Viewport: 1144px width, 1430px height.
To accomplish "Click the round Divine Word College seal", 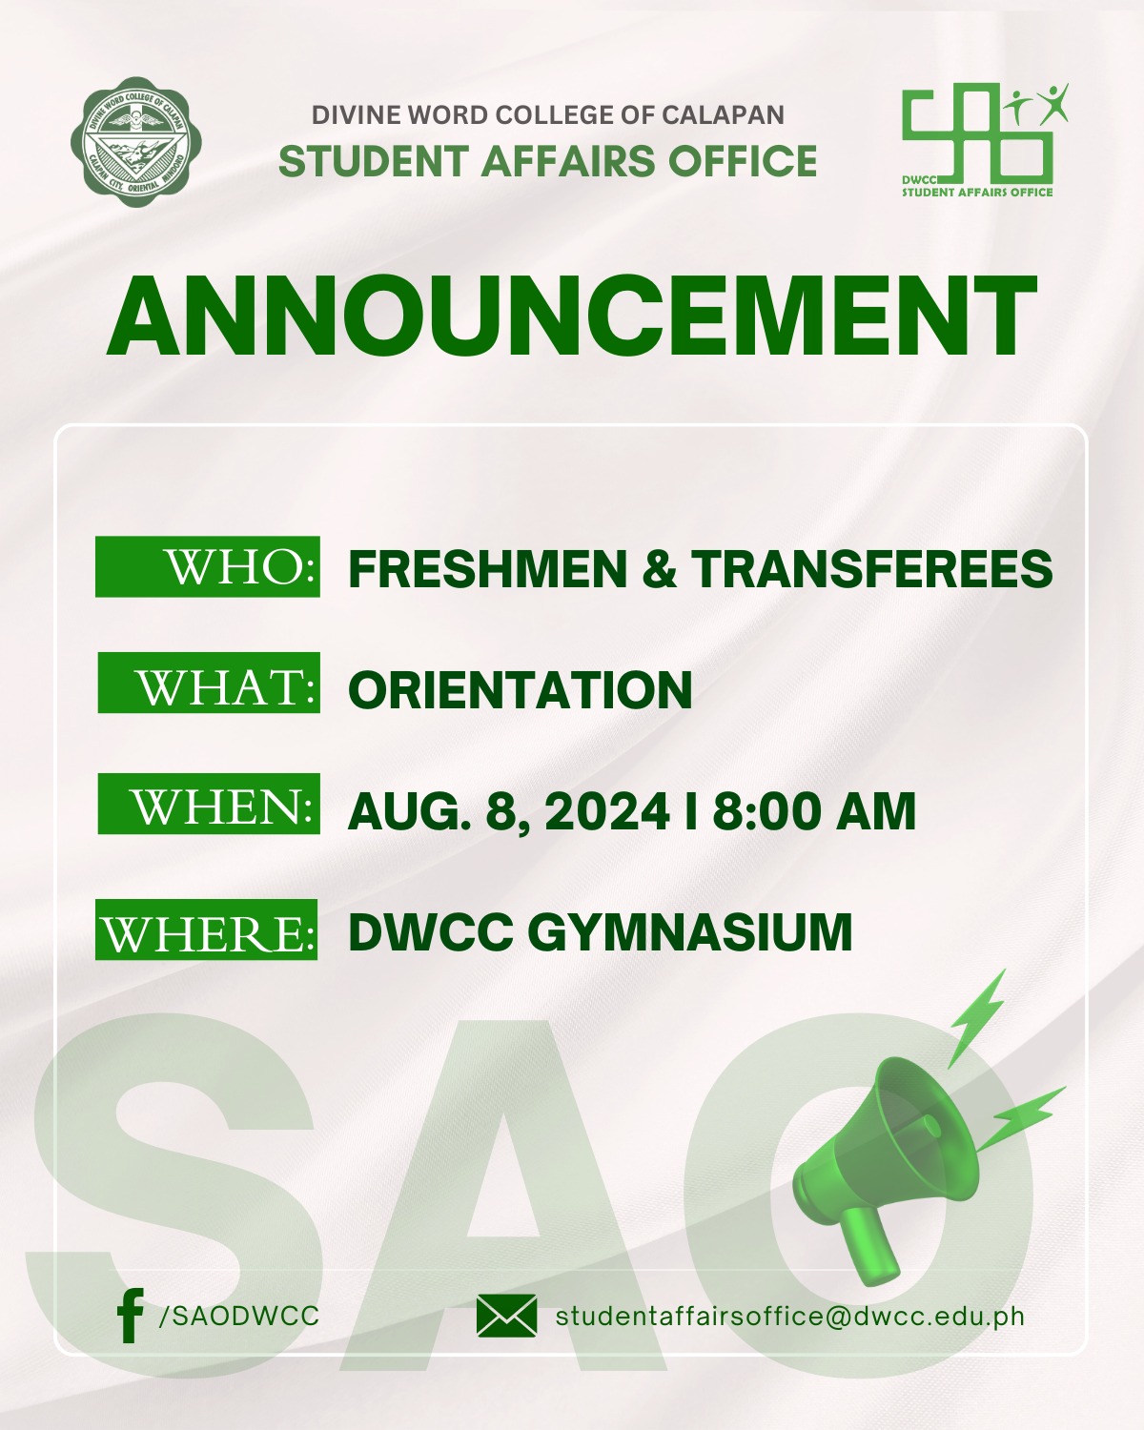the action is [x=136, y=141].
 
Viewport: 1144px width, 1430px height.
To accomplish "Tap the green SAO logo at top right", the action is [x=985, y=140].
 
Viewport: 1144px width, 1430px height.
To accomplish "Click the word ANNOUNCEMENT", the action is [x=572, y=317].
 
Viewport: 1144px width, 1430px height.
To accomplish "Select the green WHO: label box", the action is [x=208, y=567].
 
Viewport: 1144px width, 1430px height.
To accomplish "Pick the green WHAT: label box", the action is [x=209, y=683].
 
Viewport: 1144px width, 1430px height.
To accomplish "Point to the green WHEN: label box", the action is [x=209, y=804].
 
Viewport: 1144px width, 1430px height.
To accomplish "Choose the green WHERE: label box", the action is [x=207, y=929].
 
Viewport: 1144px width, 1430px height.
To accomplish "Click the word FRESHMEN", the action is [x=488, y=569].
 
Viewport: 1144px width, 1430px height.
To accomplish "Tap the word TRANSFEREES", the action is [x=872, y=569].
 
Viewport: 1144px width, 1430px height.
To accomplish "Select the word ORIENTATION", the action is [x=521, y=690].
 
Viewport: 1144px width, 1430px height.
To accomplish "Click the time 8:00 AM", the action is [x=815, y=810].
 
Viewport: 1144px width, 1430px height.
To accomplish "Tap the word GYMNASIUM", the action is [x=689, y=932].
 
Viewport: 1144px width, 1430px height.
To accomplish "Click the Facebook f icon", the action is [x=131, y=1316].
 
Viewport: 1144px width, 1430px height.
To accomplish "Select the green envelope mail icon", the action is [x=506, y=1316].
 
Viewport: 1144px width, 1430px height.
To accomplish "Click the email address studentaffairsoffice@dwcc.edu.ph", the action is [x=789, y=1317].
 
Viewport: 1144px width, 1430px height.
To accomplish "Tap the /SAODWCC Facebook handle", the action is [x=239, y=1316].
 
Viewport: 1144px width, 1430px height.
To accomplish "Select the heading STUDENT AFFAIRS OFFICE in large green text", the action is [x=548, y=161].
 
